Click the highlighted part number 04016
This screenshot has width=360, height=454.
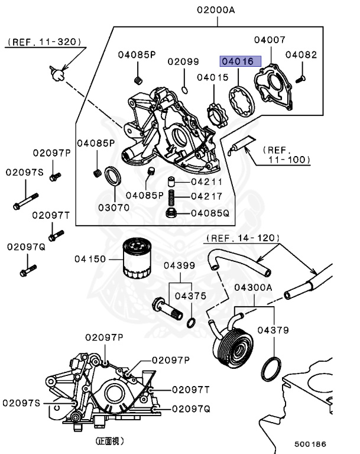click(x=241, y=61)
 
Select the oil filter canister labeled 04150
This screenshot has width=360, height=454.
click(x=137, y=258)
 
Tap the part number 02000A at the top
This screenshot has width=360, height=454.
click(x=216, y=10)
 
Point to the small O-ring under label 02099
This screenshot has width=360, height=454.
click(x=184, y=90)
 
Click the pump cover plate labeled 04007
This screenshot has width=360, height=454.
click(x=273, y=87)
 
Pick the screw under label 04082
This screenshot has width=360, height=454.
click(x=300, y=79)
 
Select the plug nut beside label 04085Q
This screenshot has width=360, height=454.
click(x=172, y=213)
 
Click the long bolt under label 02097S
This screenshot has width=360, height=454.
click(x=26, y=201)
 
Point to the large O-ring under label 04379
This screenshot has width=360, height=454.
click(x=271, y=369)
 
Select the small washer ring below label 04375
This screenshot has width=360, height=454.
click(x=191, y=323)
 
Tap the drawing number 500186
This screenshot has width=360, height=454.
click(x=310, y=444)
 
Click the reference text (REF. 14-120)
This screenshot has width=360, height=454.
click(x=243, y=238)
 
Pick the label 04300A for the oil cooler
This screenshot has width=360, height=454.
click(x=253, y=287)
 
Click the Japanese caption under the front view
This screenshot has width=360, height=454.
click(x=109, y=441)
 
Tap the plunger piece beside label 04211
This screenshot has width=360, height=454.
click(x=172, y=183)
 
